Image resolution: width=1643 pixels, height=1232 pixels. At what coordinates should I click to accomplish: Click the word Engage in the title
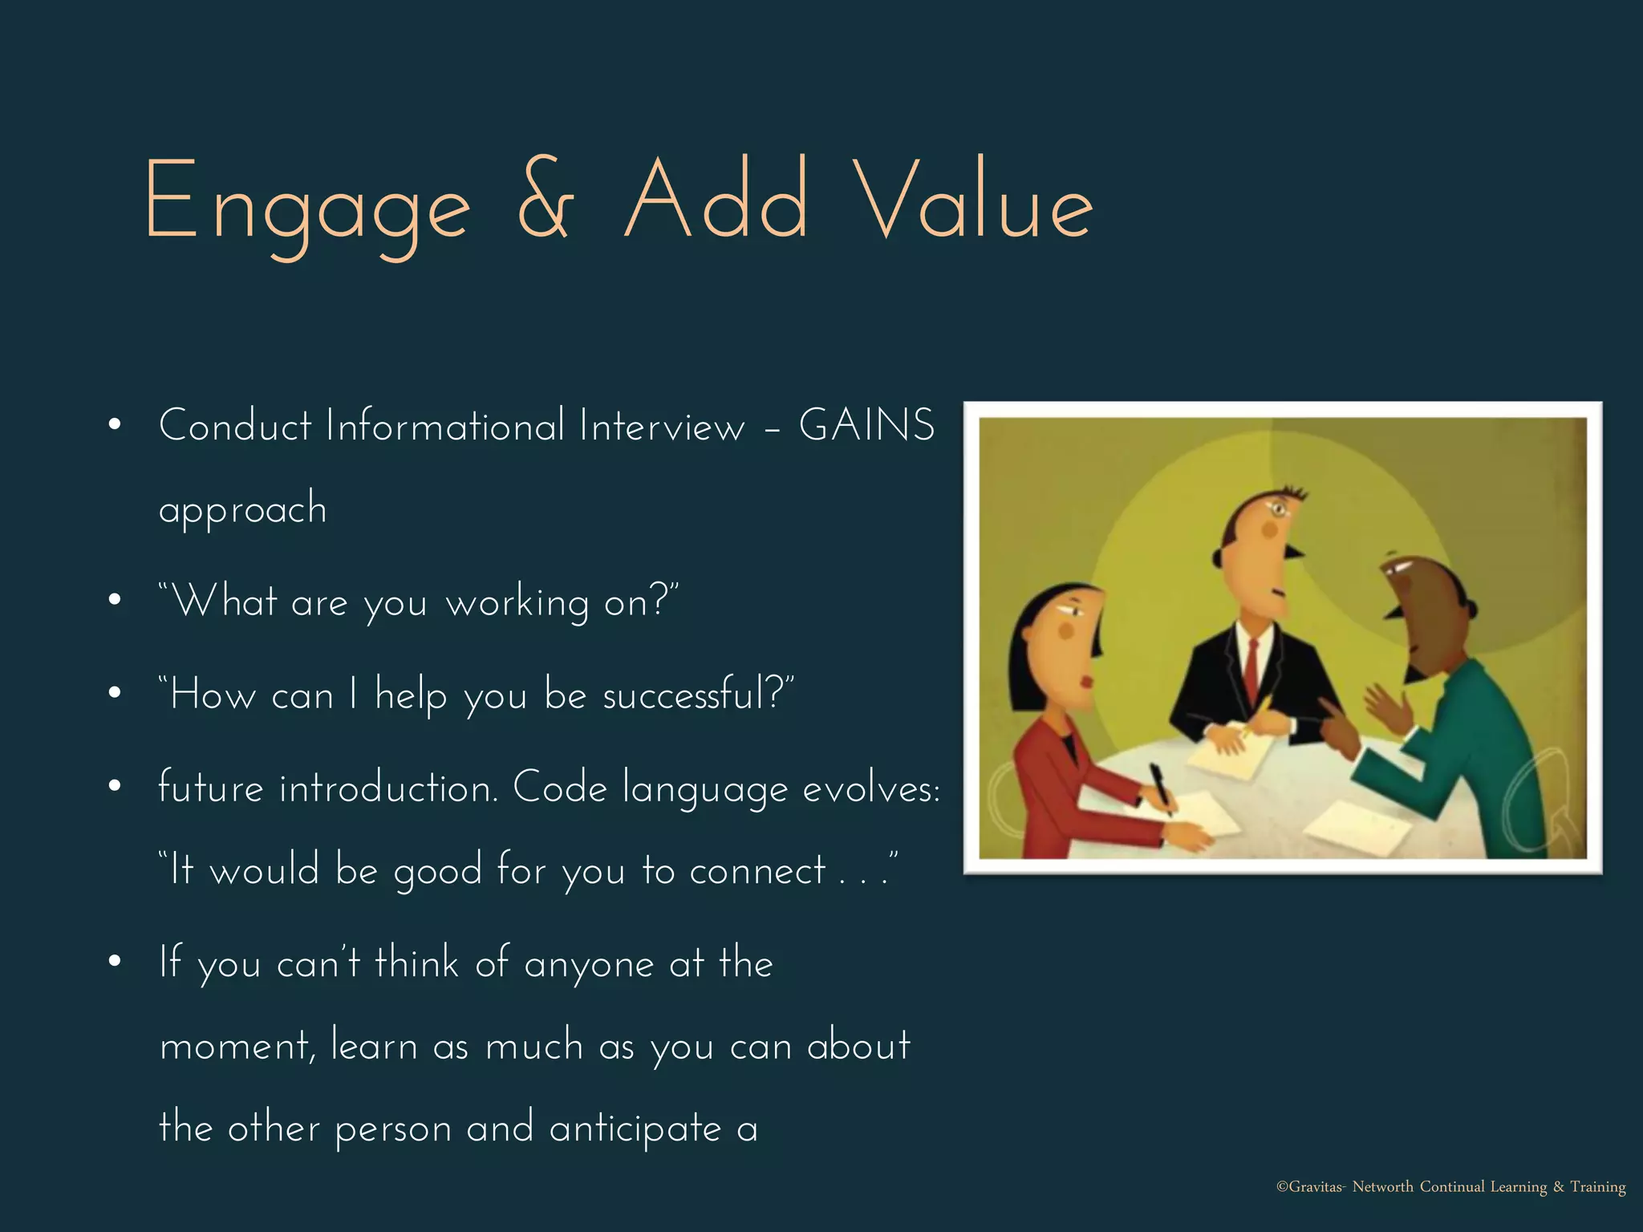coord(306,205)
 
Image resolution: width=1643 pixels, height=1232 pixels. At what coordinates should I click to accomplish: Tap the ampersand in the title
coord(545,201)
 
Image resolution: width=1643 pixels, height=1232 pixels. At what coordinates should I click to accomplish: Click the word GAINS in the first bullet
coord(866,425)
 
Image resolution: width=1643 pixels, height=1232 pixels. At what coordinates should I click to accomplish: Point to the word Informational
coord(445,425)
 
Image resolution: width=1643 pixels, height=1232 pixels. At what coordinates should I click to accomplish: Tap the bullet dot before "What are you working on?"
coord(115,600)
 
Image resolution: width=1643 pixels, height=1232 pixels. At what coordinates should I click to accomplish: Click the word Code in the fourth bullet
coord(560,788)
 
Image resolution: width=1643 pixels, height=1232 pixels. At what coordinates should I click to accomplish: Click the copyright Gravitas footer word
coord(1310,1187)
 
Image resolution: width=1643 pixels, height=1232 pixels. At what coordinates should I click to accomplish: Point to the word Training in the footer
coord(1597,1187)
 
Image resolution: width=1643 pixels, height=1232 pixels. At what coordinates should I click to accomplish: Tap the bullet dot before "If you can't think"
coord(115,961)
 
